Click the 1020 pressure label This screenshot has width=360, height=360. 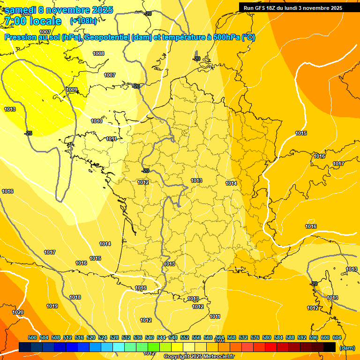pos(18,312)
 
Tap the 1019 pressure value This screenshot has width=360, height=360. pos(52,306)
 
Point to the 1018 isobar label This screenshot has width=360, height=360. pos(75,297)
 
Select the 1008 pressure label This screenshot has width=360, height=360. pos(98,53)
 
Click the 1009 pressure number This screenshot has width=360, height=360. pos(72,90)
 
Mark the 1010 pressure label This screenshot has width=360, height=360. pos(97,121)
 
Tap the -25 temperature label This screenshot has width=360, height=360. pos(28,133)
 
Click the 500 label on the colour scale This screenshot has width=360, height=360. pos(32,337)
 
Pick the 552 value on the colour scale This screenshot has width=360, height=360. pos(185,337)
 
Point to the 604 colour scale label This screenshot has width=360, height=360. pos(337,337)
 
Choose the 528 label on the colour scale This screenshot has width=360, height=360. pos(114,337)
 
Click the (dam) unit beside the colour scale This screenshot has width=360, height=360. pos(347,348)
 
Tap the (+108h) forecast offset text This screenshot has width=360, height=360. pos(83,21)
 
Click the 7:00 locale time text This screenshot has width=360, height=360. pos(33,21)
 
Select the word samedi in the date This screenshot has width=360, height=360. pos(22,10)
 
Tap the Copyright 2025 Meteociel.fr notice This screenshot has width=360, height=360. pos(199,356)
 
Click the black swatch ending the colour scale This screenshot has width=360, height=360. pos(330,347)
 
